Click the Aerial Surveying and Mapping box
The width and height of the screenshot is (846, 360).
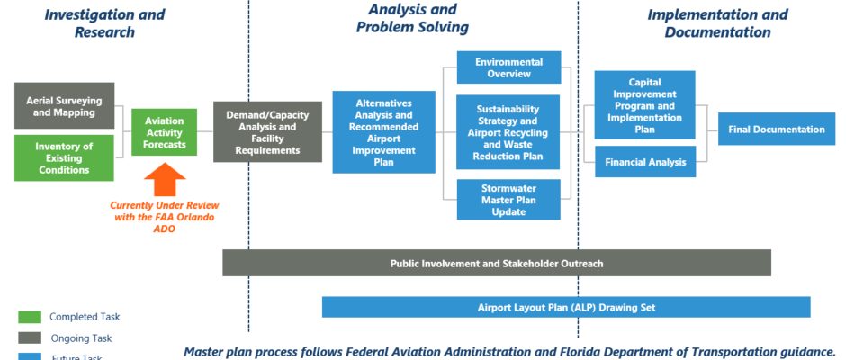pyautogui.click(x=64, y=106)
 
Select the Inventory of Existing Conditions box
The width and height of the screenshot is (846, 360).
pyautogui.click(x=64, y=157)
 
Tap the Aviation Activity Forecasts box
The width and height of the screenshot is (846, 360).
pyautogui.click(x=164, y=132)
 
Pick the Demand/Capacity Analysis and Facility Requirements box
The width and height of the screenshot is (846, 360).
pyautogui.click(x=267, y=131)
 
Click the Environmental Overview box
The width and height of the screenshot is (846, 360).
pyautogui.click(x=508, y=68)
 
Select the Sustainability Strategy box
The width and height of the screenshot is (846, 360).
pyautogui.click(x=508, y=131)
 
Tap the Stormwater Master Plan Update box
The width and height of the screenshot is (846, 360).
pyautogui.click(x=508, y=199)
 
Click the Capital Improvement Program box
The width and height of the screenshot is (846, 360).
pyautogui.click(x=644, y=104)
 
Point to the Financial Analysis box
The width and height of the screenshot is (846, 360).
pyautogui.click(x=644, y=163)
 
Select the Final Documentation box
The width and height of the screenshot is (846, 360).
pyautogui.click(x=777, y=130)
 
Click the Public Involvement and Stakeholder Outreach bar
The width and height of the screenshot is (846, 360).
pyautogui.click(x=497, y=263)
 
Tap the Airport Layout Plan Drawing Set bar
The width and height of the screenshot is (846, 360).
pyautogui.click(x=566, y=307)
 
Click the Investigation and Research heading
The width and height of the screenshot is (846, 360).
pyautogui.click(x=104, y=23)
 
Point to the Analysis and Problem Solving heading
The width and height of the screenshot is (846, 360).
pyautogui.click(x=412, y=18)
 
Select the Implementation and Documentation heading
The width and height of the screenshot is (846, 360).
pyautogui.click(x=717, y=23)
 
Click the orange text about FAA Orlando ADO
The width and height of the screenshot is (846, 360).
pyautogui.click(x=165, y=217)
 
